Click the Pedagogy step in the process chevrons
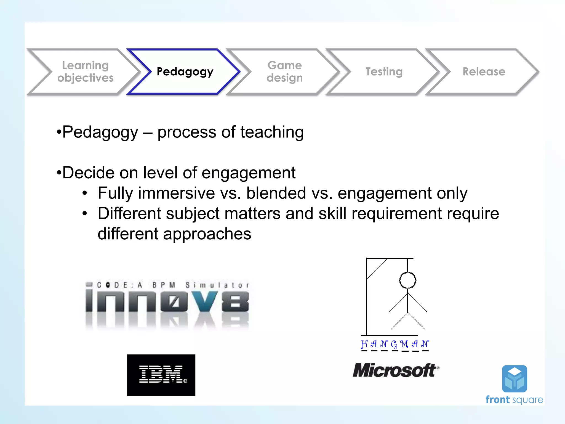tap(185, 72)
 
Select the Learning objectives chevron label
tap(85, 72)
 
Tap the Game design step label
tap(285, 72)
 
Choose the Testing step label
tap(384, 72)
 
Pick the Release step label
tap(484, 72)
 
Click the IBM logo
tap(161, 375)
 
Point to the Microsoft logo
tap(396, 370)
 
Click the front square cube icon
tap(515, 379)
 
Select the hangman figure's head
tap(407, 280)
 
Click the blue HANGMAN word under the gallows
tap(395, 344)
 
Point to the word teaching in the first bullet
tap(272, 132)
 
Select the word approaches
tap(207, 234)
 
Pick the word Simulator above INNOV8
tap(217, 285)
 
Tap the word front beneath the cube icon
tap(497, 400)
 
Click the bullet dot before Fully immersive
tap(85, 193)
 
